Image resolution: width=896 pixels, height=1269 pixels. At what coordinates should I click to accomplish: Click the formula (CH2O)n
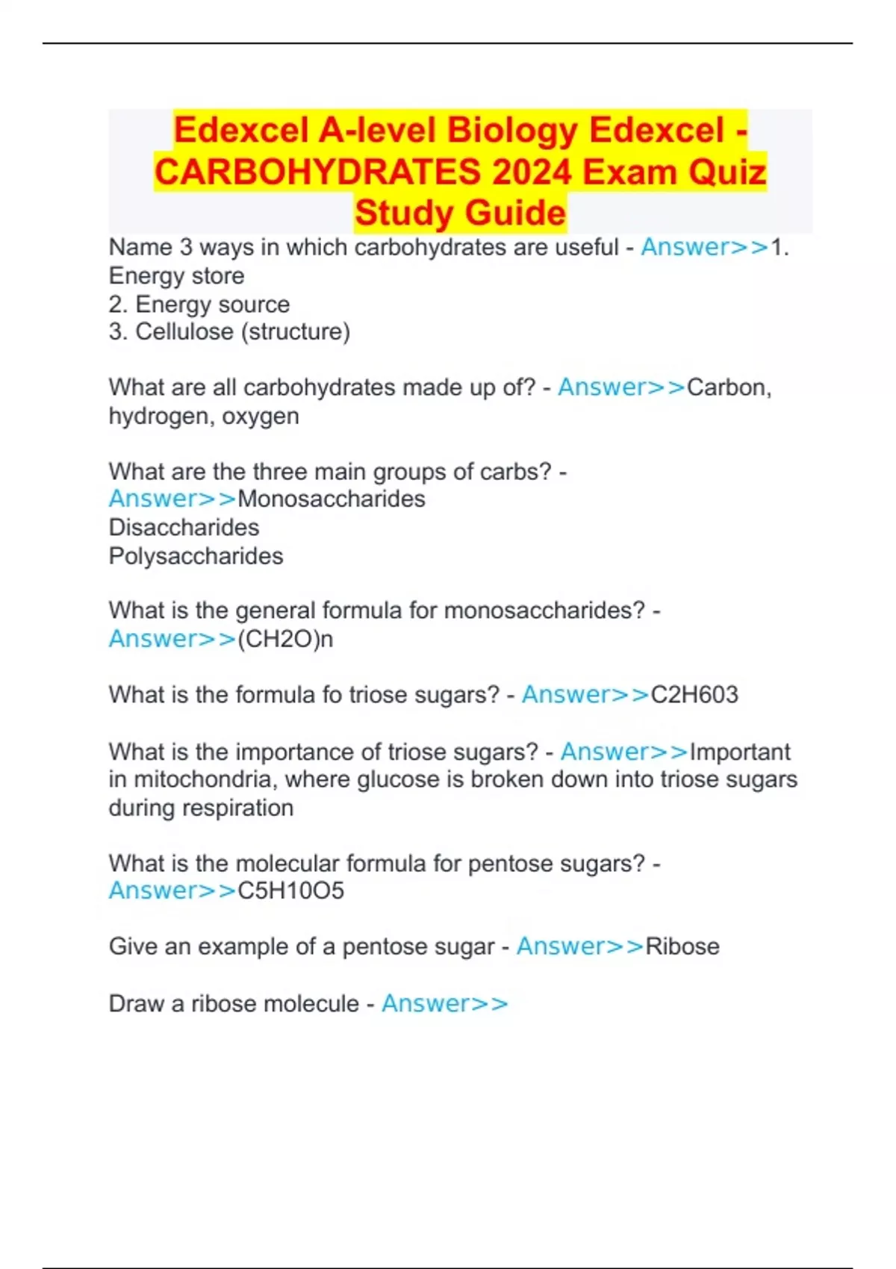(284, 639)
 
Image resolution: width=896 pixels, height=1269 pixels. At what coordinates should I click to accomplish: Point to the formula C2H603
(694, 695)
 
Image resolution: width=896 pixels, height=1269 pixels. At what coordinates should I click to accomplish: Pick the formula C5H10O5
(290, 891)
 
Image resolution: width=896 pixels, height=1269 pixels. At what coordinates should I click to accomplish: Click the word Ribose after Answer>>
(682, 947)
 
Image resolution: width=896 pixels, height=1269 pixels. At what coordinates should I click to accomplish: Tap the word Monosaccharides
(331, 499)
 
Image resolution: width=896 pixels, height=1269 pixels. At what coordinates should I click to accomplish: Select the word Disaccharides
(184, 528)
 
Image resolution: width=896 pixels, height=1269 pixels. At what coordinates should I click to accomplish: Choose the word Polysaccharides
(196, 556)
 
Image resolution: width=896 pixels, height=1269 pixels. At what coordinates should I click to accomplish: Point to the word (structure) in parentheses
(295, 331)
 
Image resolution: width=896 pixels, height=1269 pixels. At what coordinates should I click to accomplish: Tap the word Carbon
(728, 387)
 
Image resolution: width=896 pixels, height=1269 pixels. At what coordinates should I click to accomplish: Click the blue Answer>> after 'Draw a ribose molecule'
(444, 1003)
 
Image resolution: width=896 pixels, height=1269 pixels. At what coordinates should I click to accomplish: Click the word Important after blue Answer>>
(739, 752)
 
